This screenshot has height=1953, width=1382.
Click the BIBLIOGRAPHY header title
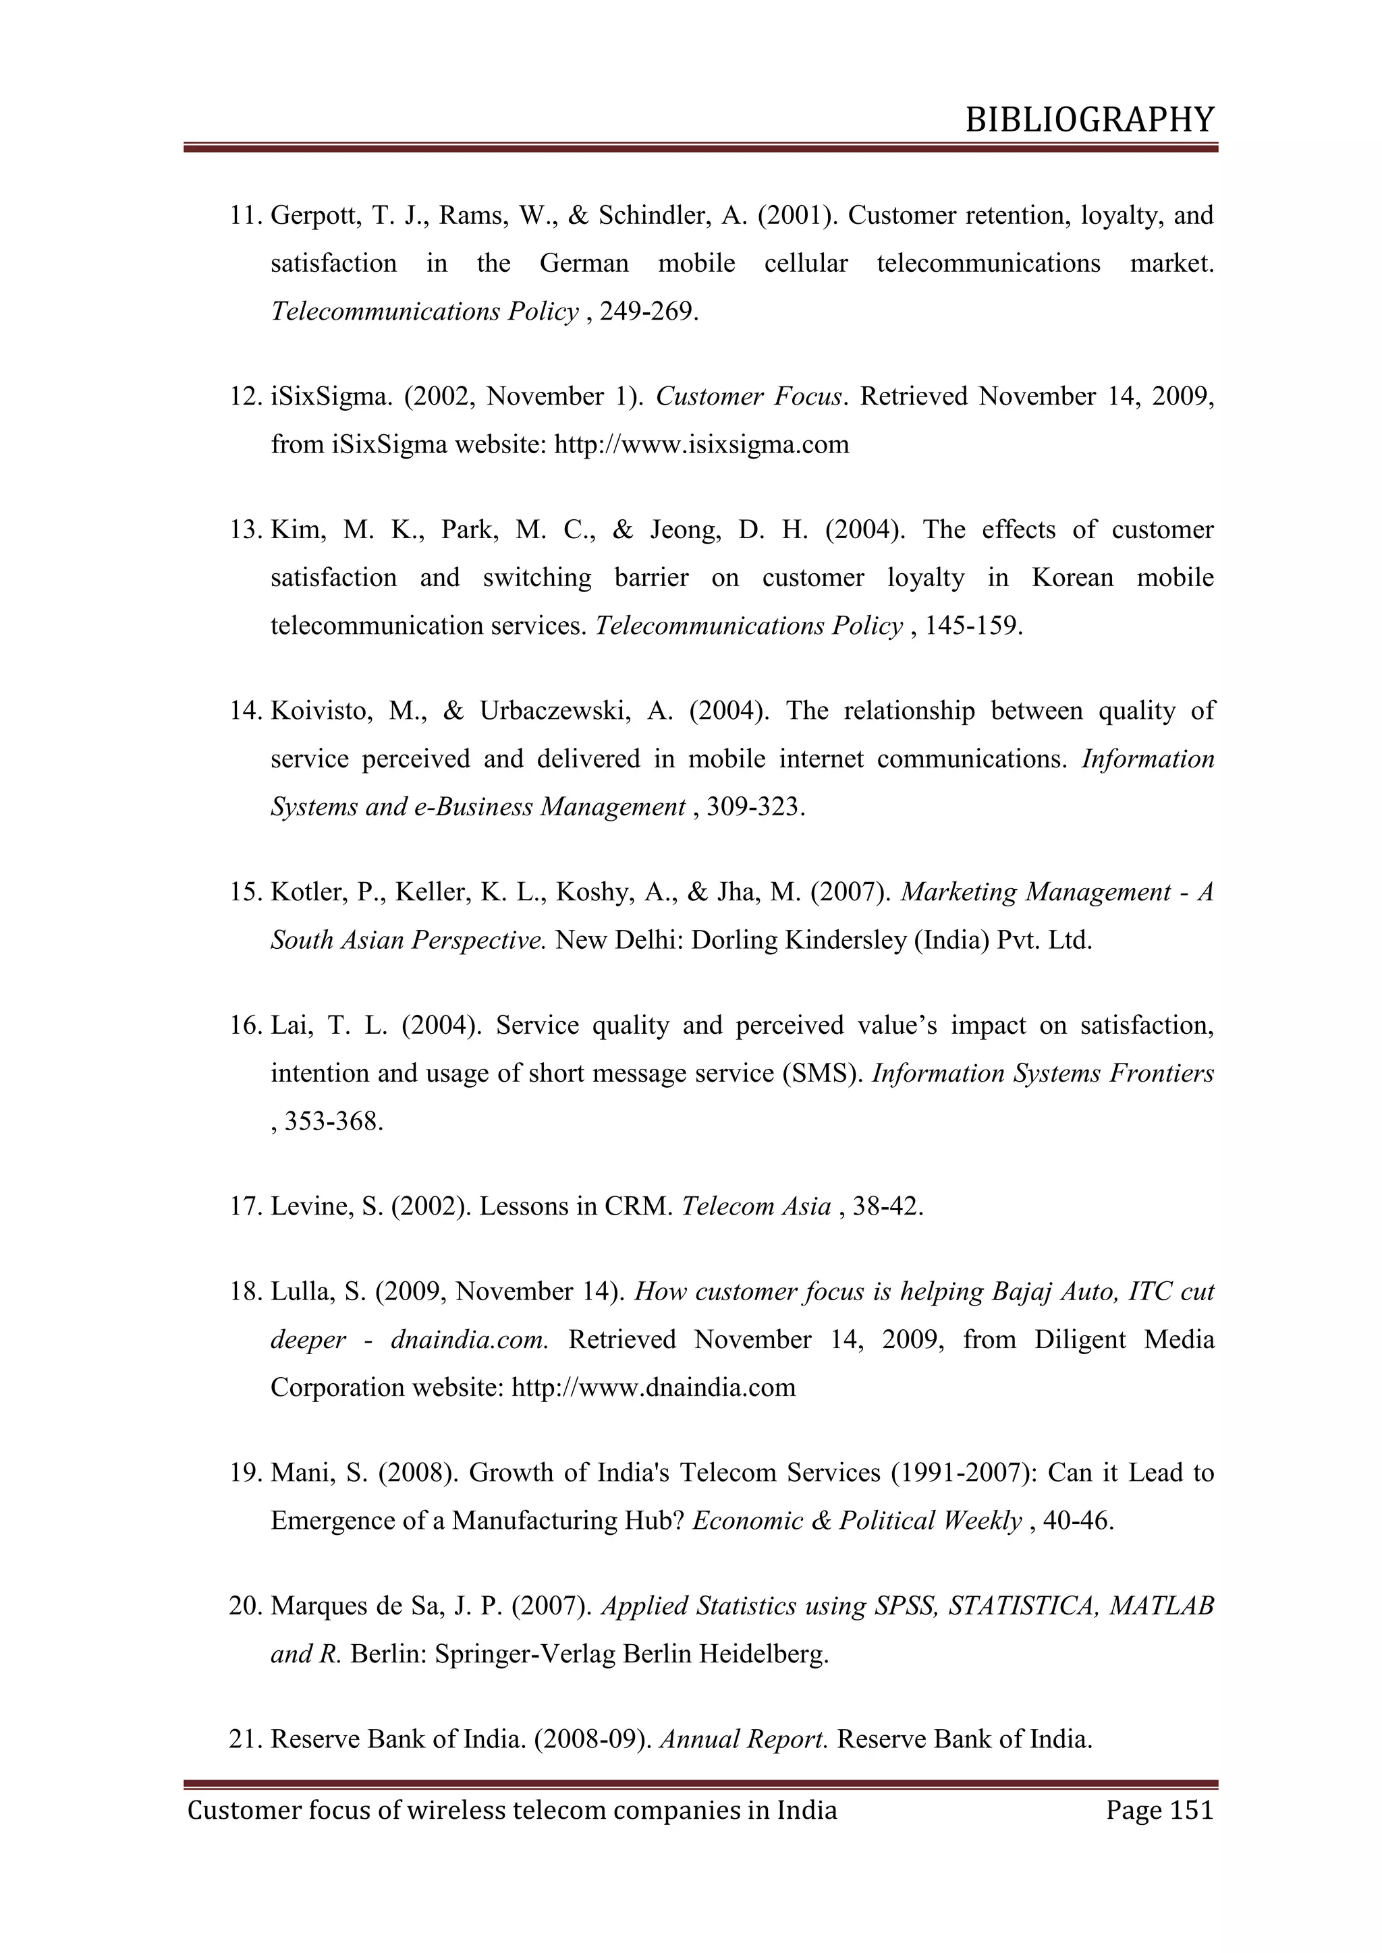coord(1089,120)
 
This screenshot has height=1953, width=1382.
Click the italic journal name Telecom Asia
coord(756,1207)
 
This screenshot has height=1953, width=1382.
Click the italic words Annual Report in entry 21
coord(743,1739)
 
